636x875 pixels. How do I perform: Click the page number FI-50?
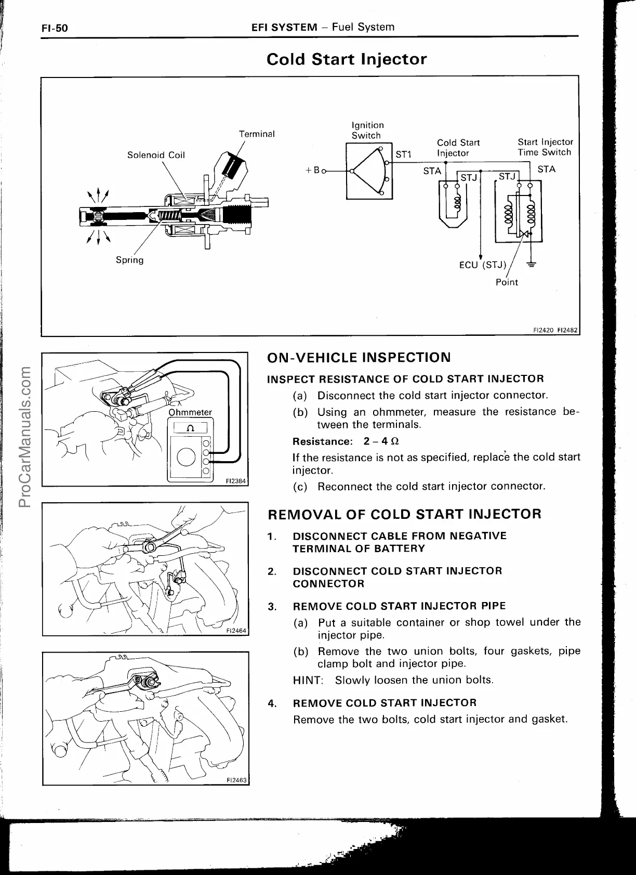[55, 28]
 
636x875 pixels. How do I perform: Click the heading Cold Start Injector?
[346, 59]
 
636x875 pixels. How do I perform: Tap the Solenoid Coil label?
[156, 155]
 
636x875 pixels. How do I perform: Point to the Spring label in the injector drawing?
[129, 260]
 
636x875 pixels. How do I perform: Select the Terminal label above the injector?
[257, 134]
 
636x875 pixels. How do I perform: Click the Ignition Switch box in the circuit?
[369, 171]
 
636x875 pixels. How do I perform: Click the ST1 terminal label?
[403, 154]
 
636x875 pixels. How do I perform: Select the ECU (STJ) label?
[483, 265]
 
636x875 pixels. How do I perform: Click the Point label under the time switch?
[507, 282]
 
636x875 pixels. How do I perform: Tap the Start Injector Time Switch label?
[545, 147]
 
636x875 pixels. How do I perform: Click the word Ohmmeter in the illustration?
[190, 412]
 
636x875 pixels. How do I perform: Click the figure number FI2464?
[236, 631]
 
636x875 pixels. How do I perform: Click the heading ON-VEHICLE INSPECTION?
[359, 358]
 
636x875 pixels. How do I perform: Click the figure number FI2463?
[236, 780]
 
